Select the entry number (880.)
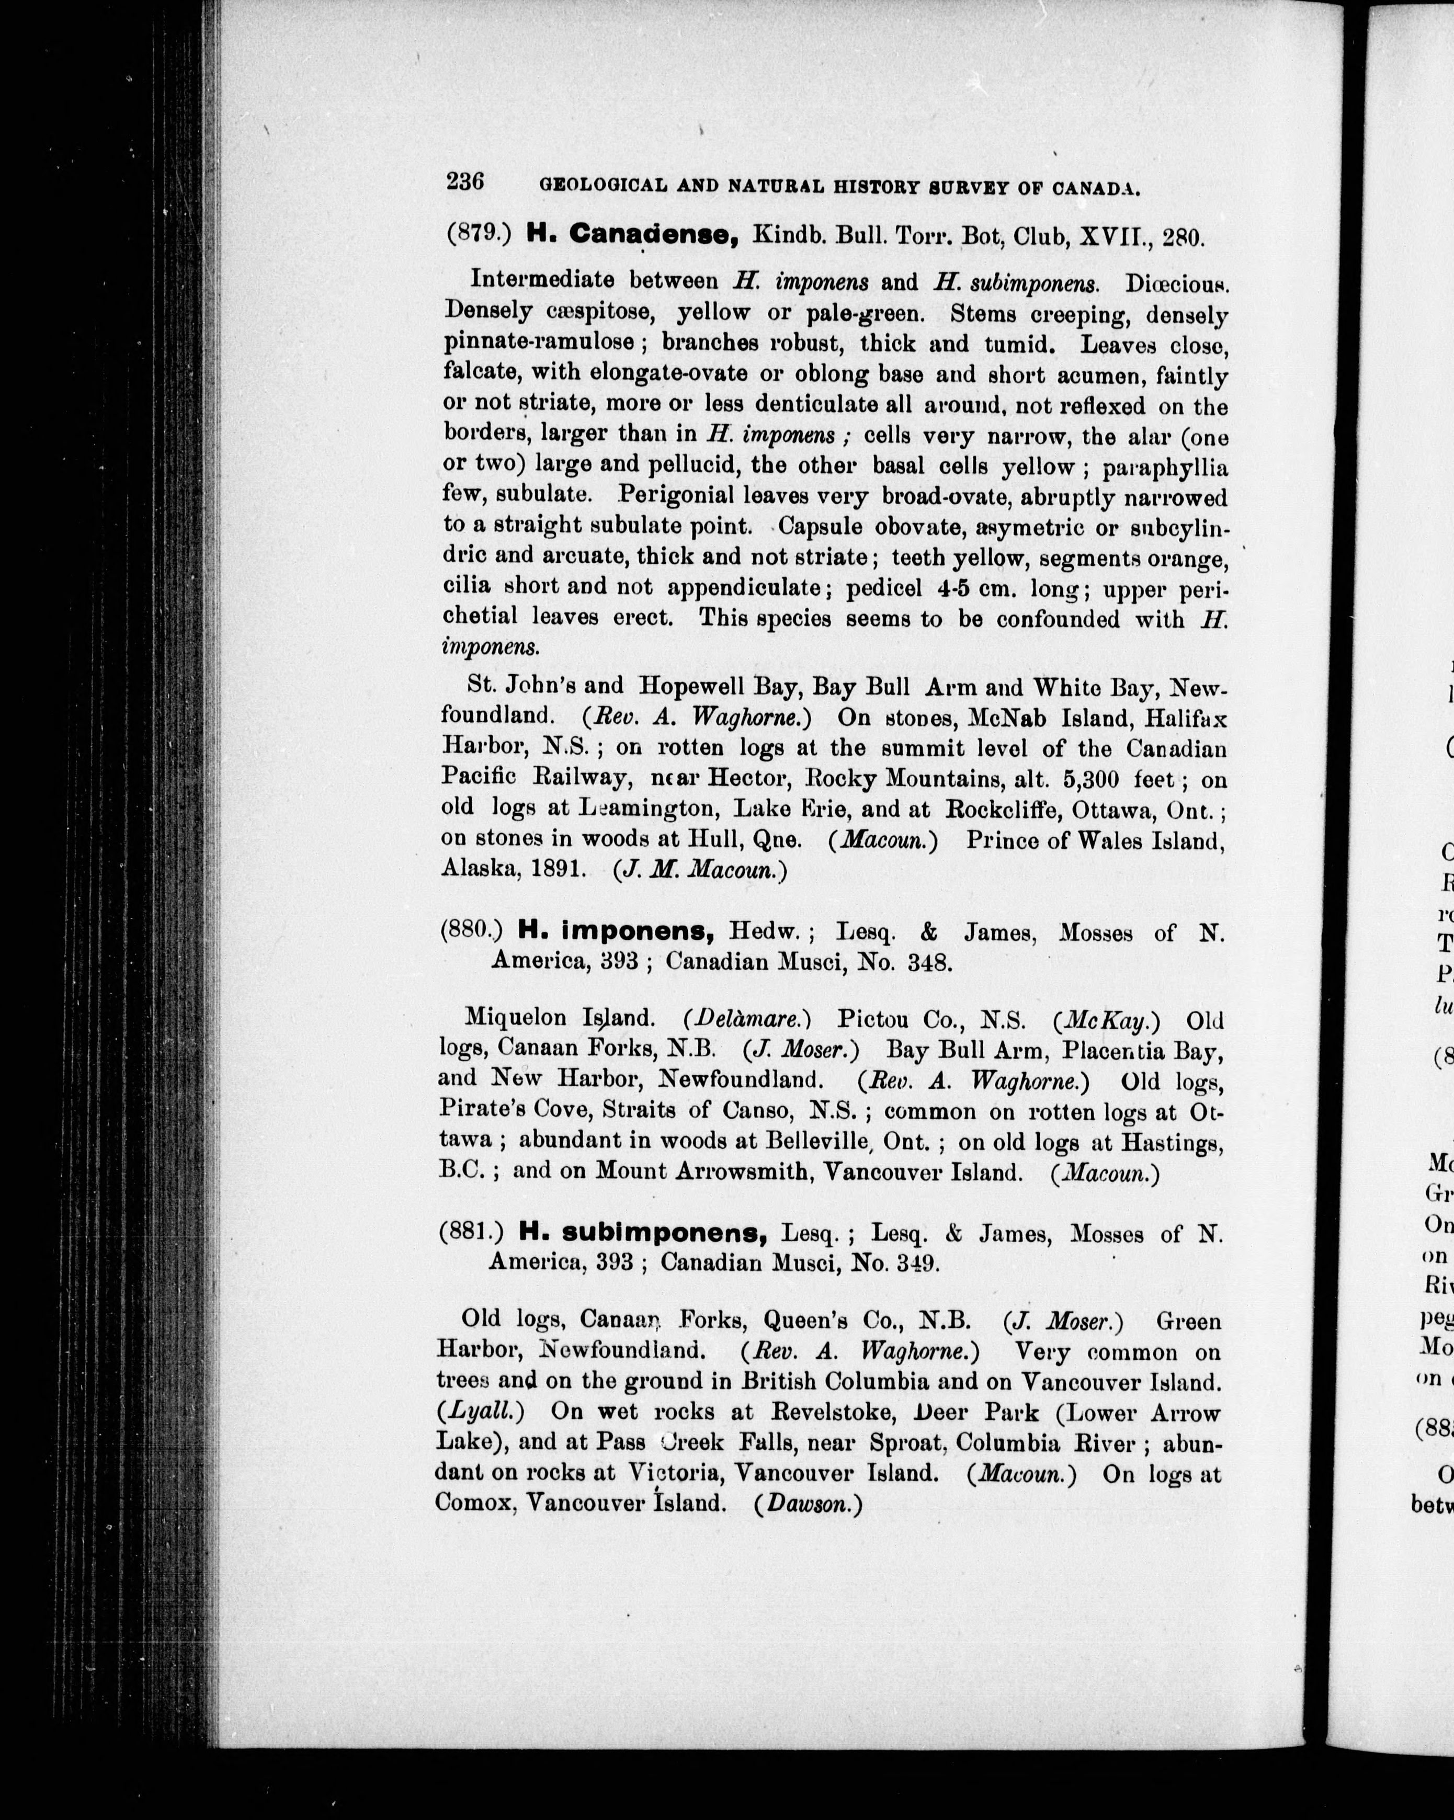471,930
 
